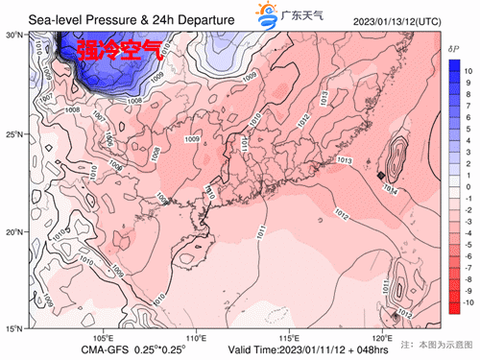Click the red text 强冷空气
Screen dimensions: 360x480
(x=119, y=50)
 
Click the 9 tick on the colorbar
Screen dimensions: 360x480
(x=467, y=84)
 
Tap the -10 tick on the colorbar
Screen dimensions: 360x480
(x=468, y=302)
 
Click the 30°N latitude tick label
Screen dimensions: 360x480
(x=13, y=34)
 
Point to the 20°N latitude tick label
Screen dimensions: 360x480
(x=13, y=231)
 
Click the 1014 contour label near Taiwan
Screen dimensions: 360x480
(x=391, y=189)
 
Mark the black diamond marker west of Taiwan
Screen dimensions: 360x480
(x=381, y=176)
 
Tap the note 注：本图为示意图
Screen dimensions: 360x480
(x=437, y=343)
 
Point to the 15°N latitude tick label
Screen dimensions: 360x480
(x=13, y=329)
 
